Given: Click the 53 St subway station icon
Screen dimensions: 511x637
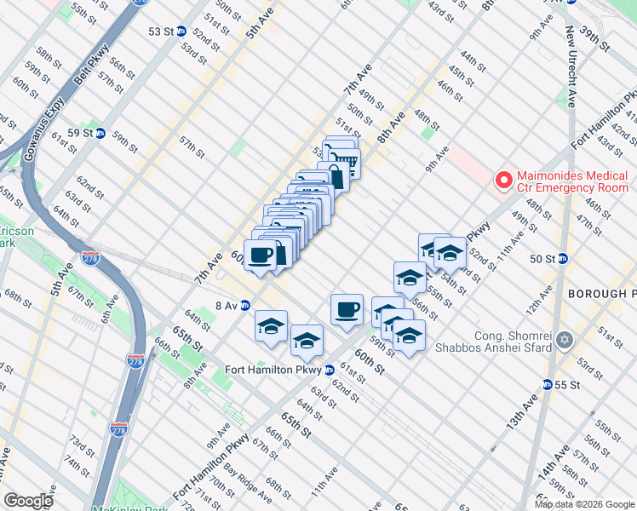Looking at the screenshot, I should [x=181, y=31].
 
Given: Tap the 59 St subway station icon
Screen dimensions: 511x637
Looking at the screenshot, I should [x=100, y=133].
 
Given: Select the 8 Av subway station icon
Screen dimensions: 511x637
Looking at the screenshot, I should [x=244, y=305].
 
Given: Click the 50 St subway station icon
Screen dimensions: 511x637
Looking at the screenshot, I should [x=562, y=259].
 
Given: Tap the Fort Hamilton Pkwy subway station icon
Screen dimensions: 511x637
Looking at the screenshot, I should [x=329, y=370].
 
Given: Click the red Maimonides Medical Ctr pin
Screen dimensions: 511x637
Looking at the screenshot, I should [x=504, y=181].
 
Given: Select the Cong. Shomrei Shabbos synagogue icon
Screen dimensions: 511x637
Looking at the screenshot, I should [x=562, y=341].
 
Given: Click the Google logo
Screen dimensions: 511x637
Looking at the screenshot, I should [x=28, y=501].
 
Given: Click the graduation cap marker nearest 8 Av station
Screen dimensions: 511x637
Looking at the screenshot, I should [x=272, y=326].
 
